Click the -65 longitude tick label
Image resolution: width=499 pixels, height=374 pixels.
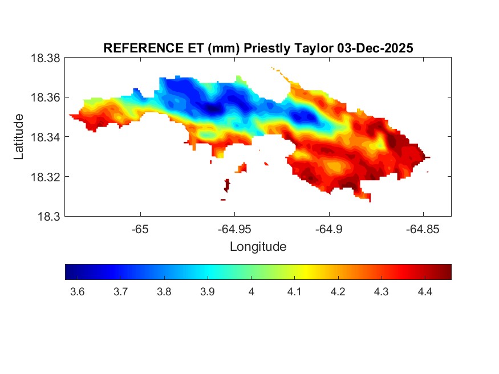point(140,229)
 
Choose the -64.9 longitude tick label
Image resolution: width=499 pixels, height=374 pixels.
point(328,229)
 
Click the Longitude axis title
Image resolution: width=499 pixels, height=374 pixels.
point(258,247)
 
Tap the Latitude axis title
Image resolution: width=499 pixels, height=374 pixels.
point(19,137)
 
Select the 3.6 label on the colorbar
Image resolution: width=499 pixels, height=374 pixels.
point(77,292)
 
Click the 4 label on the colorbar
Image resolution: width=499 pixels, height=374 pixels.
point(251,292)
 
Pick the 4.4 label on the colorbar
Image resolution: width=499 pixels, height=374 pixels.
point(424,292)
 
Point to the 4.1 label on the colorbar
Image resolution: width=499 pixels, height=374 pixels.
point(294,292)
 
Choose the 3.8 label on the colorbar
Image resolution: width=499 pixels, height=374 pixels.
point(164,292)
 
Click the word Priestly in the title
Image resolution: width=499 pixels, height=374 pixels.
point(265,48)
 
